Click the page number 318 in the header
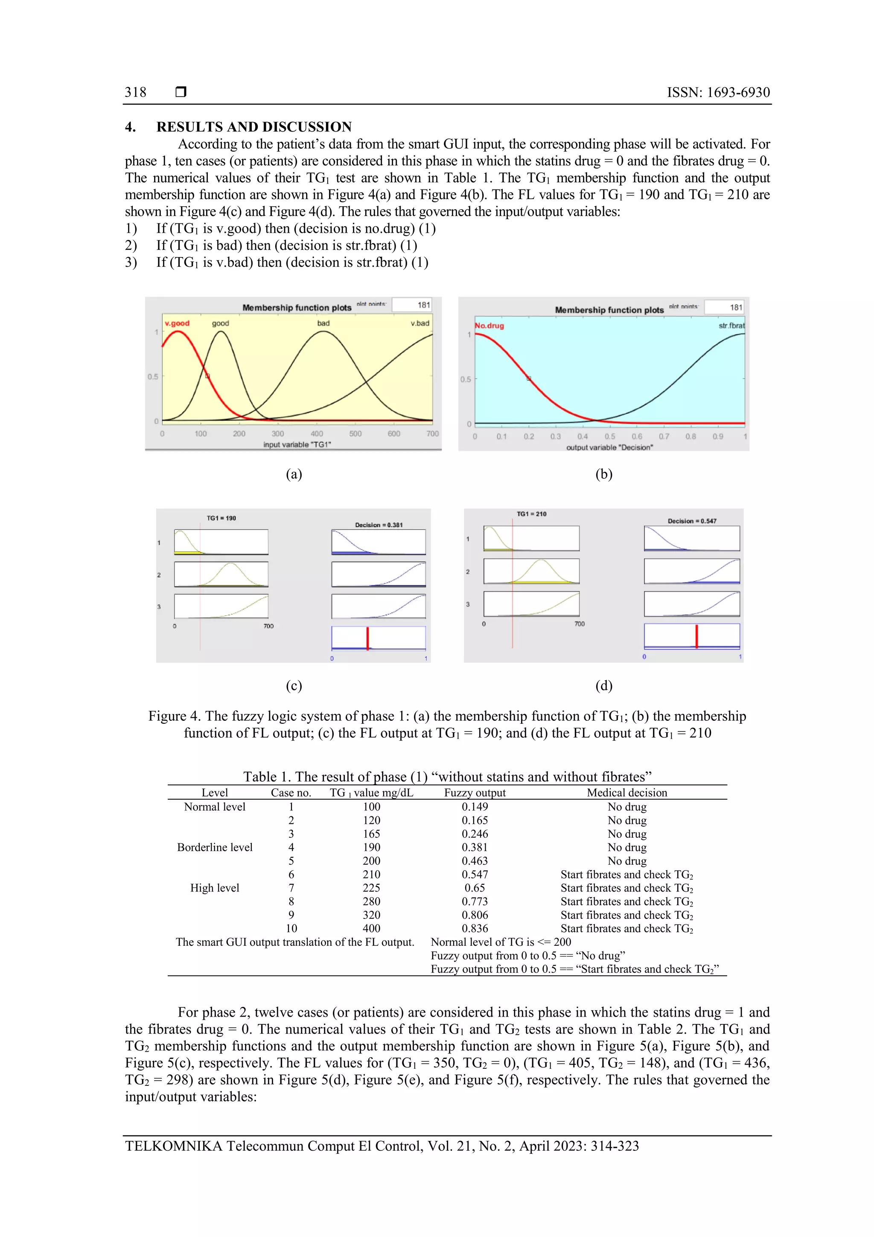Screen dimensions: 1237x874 tap(135, 92)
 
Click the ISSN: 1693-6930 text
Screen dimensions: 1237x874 tap(718, 92)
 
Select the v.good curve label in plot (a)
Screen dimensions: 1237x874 tap(177, 323)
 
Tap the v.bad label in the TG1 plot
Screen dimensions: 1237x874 tap(420, 323)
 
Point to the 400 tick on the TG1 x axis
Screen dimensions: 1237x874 tap(317, 434)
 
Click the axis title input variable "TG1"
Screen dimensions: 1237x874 tap(297, 445)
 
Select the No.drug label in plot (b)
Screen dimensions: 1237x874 tap(489, 325)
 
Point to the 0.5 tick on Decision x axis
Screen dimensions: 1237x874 tap(609, 436)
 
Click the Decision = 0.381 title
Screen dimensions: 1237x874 tap(379, 525)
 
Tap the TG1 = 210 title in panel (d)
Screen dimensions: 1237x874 tap(531, 514)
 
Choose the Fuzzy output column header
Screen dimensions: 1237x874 tap(475, 792)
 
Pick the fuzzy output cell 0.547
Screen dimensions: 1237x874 tap(475, 874)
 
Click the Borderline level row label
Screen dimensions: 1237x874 tap(214, 848)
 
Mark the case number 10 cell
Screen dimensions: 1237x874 tap(291, 928)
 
